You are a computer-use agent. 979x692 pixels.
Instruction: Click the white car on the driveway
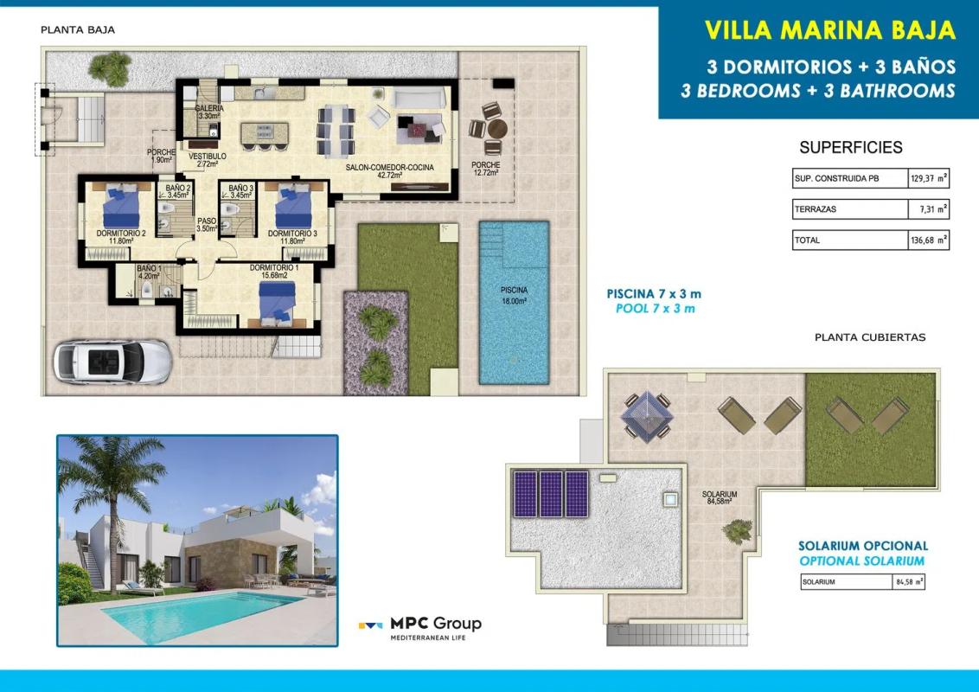(112, 361)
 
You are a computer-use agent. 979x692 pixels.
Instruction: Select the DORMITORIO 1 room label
(273, 271)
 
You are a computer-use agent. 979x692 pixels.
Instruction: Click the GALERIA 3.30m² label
(208, 112)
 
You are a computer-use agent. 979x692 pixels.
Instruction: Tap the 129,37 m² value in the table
(929, 178)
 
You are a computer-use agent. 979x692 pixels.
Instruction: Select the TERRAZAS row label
(815, 209)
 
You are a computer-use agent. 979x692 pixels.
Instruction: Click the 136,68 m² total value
(929, 240)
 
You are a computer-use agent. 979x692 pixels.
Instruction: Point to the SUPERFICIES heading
(850, 147)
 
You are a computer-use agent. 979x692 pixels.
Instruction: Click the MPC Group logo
(420, 626)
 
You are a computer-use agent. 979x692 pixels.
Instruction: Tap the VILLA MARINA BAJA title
(829, 29)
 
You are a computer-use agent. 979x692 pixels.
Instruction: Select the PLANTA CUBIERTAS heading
(870, 337)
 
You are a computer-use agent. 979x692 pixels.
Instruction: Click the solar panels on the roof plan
(550, 494)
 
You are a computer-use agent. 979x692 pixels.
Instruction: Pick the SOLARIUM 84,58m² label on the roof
(720, 497)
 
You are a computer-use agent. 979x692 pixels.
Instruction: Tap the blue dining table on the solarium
(647, 416)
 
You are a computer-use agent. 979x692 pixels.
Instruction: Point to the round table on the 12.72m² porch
(497, 129)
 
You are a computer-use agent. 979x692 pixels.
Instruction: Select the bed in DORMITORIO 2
(121, 206)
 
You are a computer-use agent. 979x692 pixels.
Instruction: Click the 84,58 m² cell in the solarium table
(909, 582)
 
